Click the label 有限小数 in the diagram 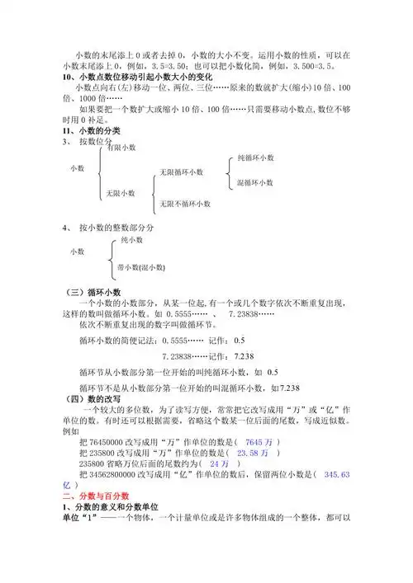tap(121, 148)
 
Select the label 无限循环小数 tap(182, 172)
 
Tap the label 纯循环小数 tap(255, 157)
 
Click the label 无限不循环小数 tap(185, 203)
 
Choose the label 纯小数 tap(131, 239)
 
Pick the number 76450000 tap(108, 442)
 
